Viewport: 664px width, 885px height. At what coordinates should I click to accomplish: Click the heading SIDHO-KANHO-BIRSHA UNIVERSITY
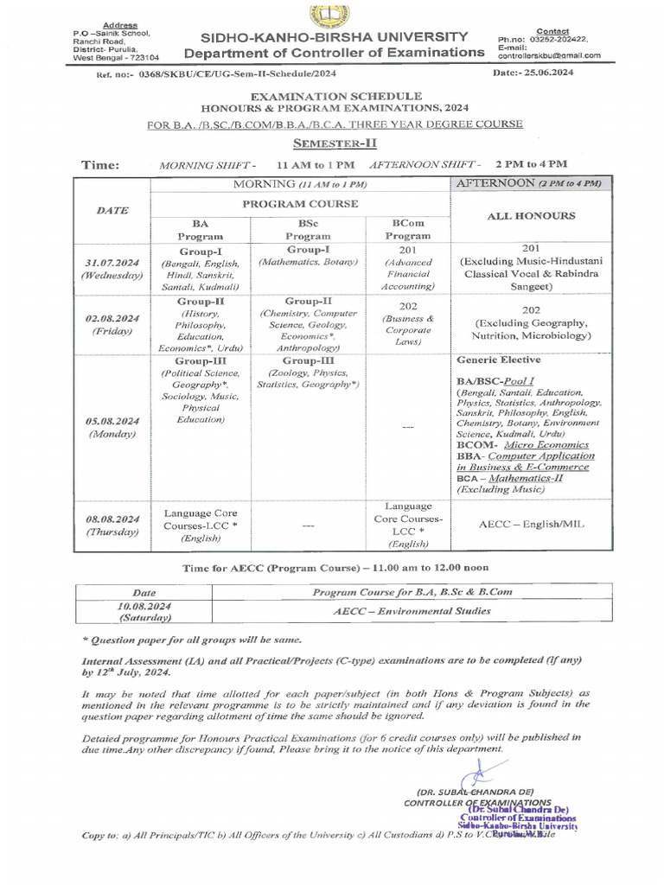point(335,37)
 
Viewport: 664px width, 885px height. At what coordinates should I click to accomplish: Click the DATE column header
point(112,209)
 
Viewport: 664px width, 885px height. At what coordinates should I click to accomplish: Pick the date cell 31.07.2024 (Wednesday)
point(112,268)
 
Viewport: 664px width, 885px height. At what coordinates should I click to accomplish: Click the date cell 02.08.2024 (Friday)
point(112,324)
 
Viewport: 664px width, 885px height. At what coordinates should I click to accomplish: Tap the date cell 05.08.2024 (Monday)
point(112,427)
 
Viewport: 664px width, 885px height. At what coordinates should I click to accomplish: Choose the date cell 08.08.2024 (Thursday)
point(112,525)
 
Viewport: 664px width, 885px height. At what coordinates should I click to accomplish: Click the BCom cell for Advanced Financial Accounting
point(408,268)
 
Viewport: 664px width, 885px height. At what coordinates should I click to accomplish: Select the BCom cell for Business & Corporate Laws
point(408,323)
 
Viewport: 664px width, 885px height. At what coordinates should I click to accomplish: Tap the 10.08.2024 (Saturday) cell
point(144,612)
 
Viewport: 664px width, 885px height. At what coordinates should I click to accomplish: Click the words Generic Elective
point(498,360)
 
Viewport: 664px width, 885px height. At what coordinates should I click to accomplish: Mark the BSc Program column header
point(308,229)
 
